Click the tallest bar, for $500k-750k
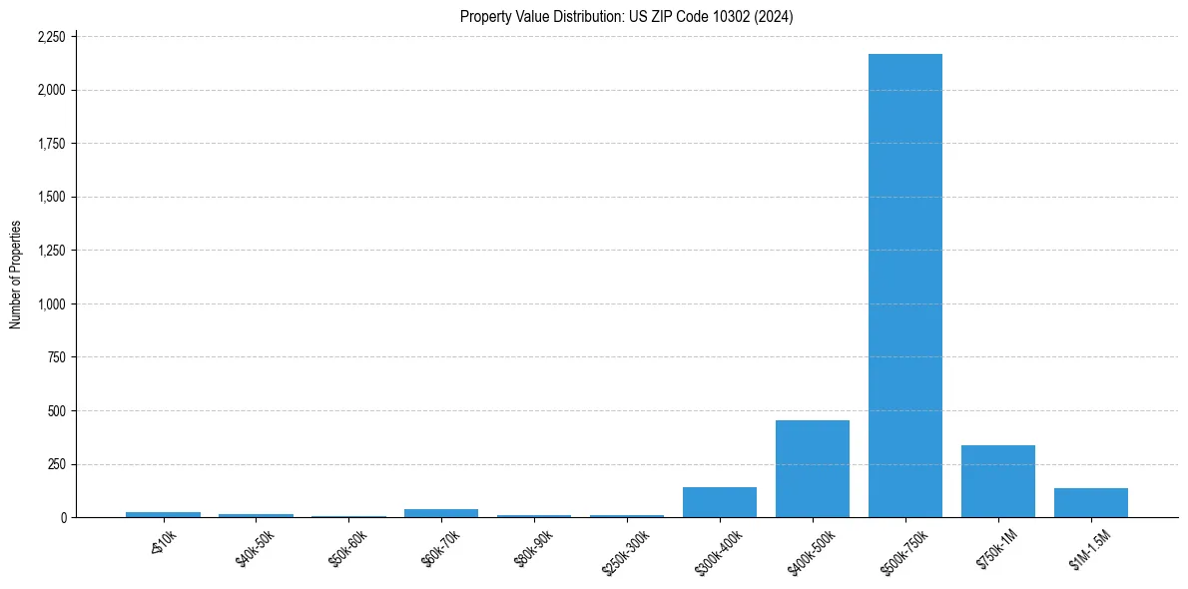point(904,286)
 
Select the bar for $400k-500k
point(812,468)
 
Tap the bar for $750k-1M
point(997,481)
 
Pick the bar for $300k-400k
point(719,502)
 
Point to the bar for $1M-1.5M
point(1090,503)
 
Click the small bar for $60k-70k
point(440,513)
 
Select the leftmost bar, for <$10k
point(163,514)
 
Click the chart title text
point(626,16)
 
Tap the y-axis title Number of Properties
point(16,275)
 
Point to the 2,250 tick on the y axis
point(50,37)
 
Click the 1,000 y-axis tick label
point(53,303)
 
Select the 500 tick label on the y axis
point(57,410)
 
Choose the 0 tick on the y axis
point(63,517)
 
